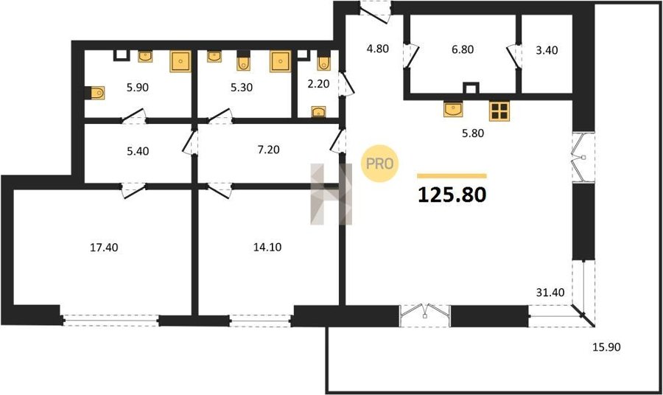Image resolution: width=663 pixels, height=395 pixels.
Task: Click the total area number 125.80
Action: (452, 195)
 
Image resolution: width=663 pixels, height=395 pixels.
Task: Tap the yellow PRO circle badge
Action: (379, 164)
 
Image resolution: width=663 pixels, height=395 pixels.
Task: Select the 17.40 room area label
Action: (104, 248)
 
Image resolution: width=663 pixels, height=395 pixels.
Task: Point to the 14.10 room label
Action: (267, 247)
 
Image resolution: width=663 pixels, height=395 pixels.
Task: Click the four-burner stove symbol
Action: (499, 111)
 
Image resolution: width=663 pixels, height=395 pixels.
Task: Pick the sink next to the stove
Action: (453, 109)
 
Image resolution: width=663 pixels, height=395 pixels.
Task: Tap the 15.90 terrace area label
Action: (606, 347)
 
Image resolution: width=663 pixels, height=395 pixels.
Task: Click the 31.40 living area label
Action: (550, 293)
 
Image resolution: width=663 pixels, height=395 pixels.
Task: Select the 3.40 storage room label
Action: (547, 50)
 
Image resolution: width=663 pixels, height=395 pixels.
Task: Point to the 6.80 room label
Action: (463, 49)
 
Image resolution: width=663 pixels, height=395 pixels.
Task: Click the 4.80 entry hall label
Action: (377, 49)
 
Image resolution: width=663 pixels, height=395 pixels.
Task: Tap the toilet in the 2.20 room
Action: (324, 61)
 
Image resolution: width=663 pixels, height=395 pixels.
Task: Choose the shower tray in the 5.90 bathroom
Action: (180, 61)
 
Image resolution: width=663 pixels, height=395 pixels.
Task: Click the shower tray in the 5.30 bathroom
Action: (281, 61)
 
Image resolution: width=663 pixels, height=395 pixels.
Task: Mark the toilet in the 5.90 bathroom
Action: (95, 93)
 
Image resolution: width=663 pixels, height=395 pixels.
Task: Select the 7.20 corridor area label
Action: (268, 150)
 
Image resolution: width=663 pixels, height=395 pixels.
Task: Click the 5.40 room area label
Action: (138, 151)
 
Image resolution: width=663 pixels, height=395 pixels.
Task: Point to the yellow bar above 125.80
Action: (452, 176)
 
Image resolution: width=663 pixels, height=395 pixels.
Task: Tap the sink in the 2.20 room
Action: (318, 112)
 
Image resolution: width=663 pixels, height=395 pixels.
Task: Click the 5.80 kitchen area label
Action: (473, 133)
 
